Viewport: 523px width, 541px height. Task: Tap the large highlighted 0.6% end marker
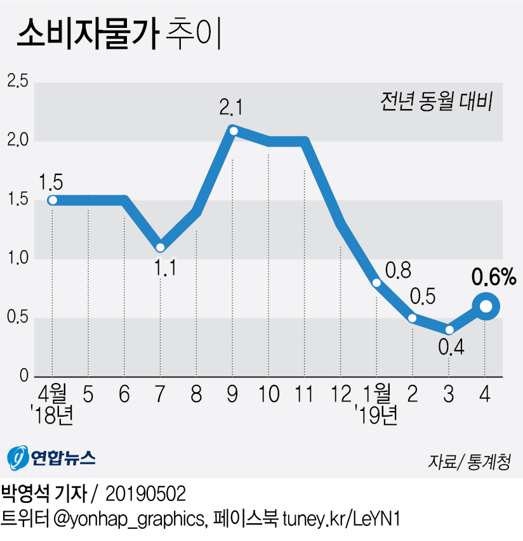[x=486, y=306]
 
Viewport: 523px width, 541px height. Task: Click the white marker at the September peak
[x=234, y=131]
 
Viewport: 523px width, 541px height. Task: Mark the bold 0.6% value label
[x=494, y=277]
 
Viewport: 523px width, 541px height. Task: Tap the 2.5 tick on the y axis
[x=17, y=81]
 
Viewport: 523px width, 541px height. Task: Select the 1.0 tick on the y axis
[x=17, y=258]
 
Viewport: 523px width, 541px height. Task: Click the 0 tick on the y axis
[x=24, y=376]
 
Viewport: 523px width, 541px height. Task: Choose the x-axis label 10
[x=269, y=394]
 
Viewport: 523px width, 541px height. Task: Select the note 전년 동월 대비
[x=437, y=101]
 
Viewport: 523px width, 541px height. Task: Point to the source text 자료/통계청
[x=469, y=462]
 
